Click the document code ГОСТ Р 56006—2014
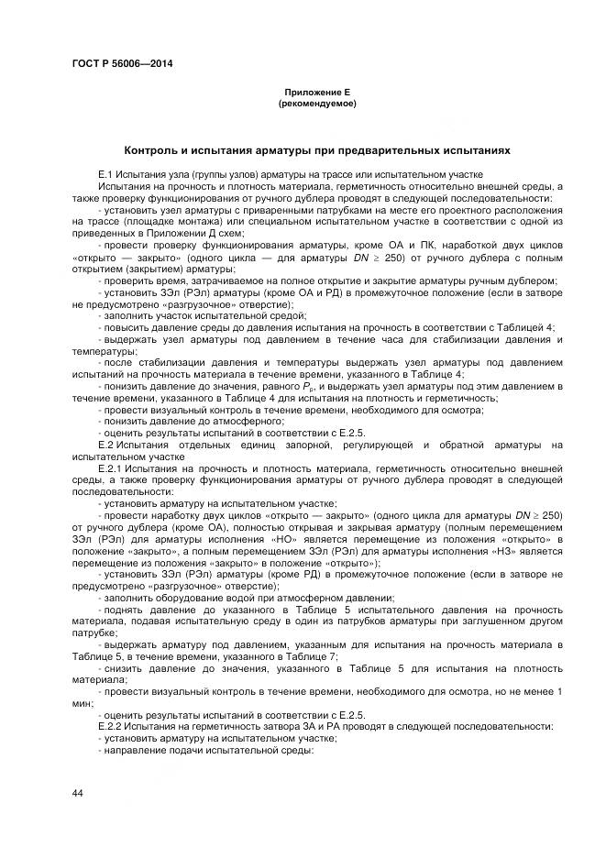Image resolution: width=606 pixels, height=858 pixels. point(122,63)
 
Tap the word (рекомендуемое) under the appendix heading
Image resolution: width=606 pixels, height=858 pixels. point(316,104)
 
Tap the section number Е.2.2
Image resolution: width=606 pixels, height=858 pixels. point(109,726)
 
